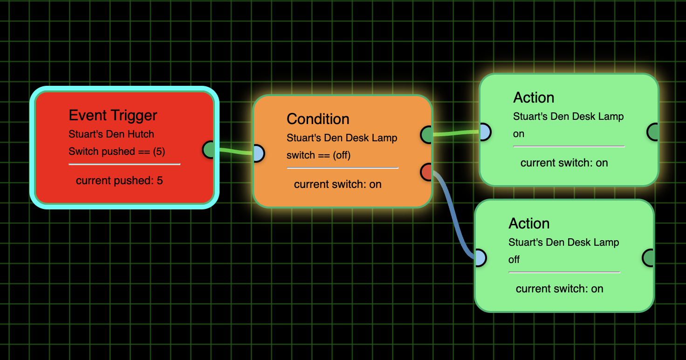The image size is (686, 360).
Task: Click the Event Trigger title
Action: coord(113,115)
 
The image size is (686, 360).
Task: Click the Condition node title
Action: coord(318,119)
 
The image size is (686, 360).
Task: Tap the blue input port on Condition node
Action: coord(258,153)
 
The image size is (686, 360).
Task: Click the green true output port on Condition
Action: coord(427,135)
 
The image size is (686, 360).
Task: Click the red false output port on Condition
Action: coord(427,172)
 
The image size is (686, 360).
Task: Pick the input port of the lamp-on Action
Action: coord(484,132)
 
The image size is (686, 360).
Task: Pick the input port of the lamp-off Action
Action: coord(480,258)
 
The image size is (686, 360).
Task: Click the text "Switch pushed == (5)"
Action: coord(117,152)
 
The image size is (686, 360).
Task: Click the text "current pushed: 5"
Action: coord(119,180)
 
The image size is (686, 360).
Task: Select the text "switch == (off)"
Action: coord(318,155)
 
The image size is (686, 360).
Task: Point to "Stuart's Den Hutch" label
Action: coord(111,134)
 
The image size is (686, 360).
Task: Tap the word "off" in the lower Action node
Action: coord(514,260)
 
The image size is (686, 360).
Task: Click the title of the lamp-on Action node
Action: coord(534,97)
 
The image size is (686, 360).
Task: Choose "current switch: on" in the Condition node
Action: coord(337,184)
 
